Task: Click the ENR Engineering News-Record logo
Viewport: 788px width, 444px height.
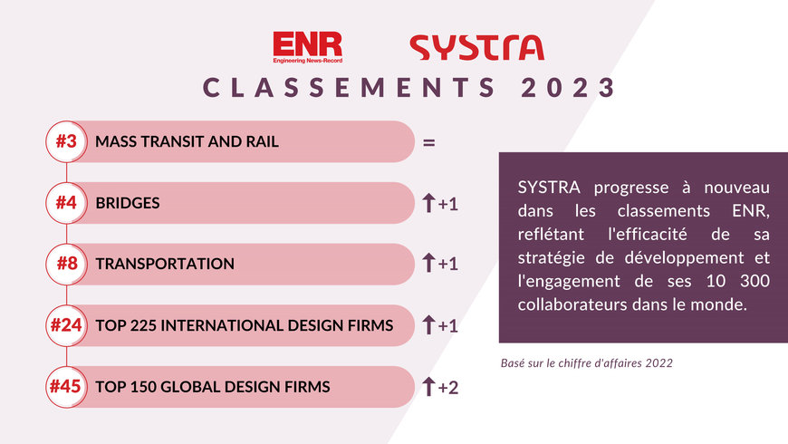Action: coord(306,47)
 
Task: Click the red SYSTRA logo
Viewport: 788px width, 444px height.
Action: coord(476,47)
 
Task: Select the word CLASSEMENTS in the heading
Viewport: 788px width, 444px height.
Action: coord(348,88)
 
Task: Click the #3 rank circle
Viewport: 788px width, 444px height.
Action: coord(66,141)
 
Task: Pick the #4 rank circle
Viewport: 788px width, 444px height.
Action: coord(66,203)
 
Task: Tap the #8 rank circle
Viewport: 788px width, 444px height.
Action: coord(66,264)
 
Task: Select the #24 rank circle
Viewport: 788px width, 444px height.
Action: coord(66,325)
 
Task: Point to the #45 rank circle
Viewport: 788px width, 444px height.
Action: coord(66,387)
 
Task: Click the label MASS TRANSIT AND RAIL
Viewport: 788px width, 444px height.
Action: coord(187,142)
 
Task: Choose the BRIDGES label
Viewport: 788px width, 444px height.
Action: coord(128,203)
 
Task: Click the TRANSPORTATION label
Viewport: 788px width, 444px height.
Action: coord(165,264)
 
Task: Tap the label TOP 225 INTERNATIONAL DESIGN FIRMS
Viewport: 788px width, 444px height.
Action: coord(245,325)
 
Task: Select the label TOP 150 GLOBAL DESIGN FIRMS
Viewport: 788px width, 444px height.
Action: coord(213,387)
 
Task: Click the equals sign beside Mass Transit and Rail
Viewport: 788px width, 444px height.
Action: coord(429,142)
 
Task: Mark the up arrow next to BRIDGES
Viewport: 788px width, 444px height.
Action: coord(429,203)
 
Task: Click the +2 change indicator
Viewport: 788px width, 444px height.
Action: coord(448,387)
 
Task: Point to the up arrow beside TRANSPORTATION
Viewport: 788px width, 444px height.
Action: coord(429,264)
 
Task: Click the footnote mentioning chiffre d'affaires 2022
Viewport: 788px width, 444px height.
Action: coord(586,362)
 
